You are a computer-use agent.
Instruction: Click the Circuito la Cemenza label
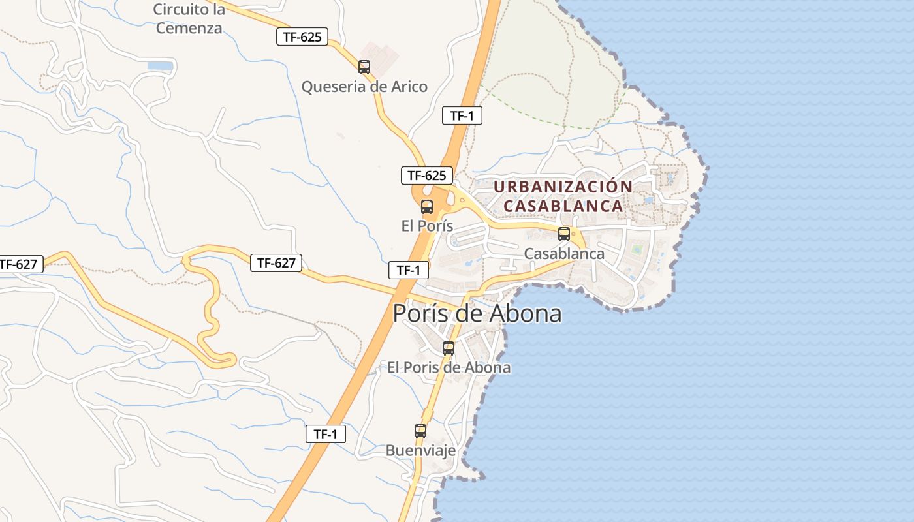coord(189,19)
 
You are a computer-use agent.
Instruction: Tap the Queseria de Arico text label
coord(364,87)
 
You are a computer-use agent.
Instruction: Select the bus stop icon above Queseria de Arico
coord(364,67)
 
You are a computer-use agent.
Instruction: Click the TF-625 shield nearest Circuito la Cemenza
coord(302,37)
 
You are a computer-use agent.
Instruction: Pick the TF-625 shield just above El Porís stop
coord(427,175)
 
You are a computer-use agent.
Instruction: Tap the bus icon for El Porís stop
coord(427,207)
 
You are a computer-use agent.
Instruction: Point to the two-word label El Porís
coord(427,226)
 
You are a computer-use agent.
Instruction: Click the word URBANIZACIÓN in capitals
coord(563,187)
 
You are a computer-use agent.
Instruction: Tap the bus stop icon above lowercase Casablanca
coord(564,234)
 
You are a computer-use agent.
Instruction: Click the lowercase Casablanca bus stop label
coord(564,253)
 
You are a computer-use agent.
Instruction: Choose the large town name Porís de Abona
coord(477,314)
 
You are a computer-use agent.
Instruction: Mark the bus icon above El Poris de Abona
coord(449,348)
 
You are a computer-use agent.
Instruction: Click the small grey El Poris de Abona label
coord(449,367)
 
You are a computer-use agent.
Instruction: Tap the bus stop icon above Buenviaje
coord(420,431)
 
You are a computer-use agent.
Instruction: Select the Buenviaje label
coord(420,450)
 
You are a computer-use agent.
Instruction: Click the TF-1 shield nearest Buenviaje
coord(326,434)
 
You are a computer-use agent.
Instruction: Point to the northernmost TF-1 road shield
coord(462,116)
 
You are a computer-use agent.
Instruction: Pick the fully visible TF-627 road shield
coord(277,263)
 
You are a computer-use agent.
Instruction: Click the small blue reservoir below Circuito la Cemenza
coord(161,66)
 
